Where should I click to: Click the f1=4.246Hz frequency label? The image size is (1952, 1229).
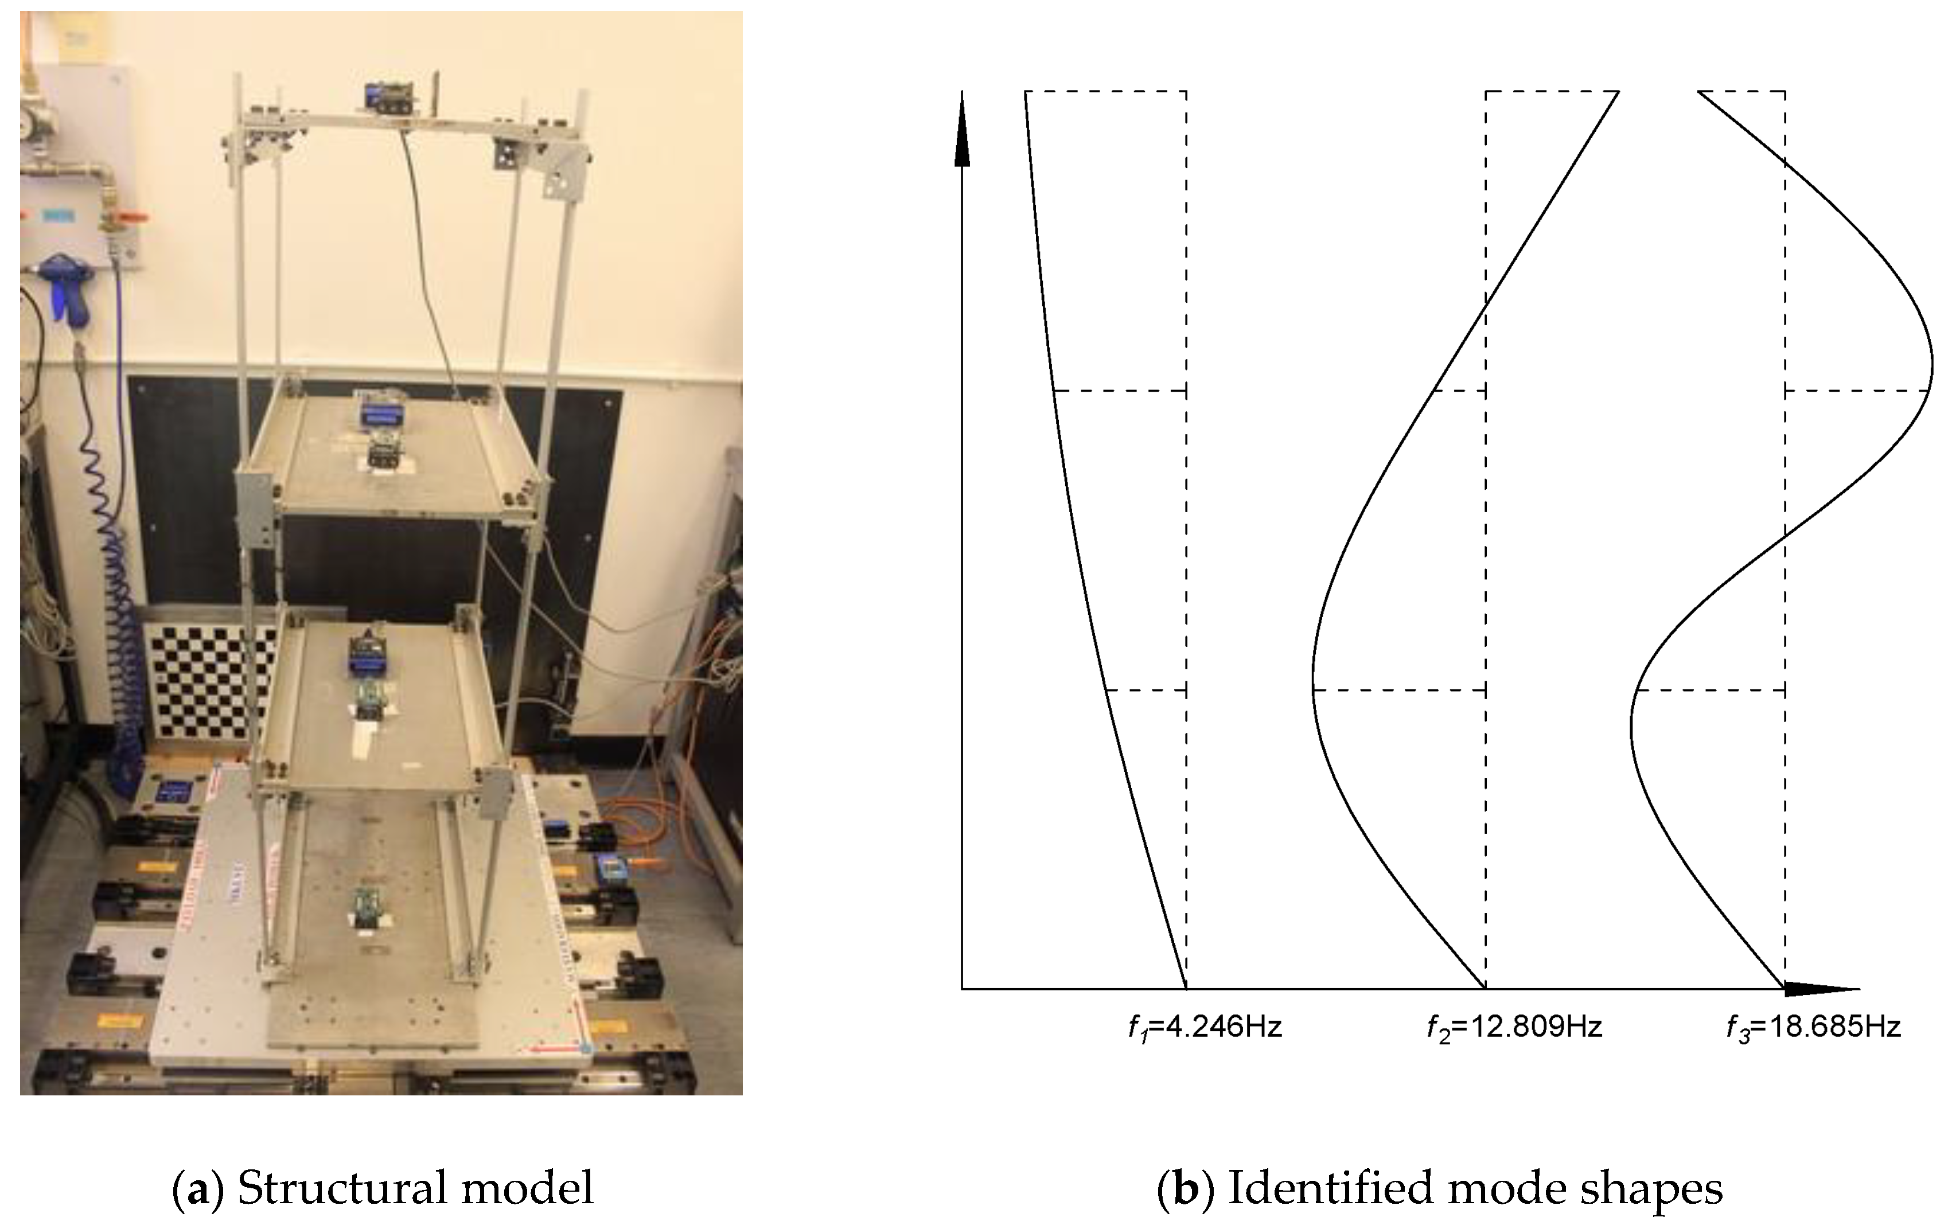tap(1205, 1028)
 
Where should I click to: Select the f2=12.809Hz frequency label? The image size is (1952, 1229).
tap(1513, 1028)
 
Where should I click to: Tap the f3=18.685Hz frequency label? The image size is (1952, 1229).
tap(1813, 1028)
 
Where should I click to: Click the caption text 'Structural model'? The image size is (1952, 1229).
tap(415, 1188)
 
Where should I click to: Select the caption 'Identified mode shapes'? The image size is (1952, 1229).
tap(1475, 1188)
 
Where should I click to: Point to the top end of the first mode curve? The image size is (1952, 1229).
tap(1026, 93)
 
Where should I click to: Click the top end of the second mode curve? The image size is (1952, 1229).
tap(1617, 93)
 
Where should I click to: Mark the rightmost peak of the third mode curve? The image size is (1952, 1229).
tap(1931, 365)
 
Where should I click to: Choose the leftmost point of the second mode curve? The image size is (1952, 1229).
tap(1312, 681)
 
